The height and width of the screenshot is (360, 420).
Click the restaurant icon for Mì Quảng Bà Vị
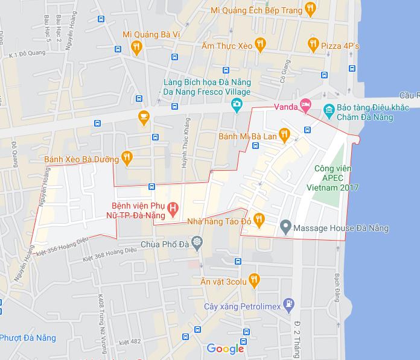137,47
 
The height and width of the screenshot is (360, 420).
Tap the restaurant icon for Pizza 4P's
313,43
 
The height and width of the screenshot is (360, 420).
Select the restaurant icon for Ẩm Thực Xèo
260,43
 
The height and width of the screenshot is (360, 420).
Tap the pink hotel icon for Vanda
306,107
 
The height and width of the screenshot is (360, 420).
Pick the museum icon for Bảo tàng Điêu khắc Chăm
328,109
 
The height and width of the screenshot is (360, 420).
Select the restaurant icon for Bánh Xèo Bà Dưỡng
126,158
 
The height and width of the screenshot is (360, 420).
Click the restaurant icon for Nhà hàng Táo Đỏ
259,220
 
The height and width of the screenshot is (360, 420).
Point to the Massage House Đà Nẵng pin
286,228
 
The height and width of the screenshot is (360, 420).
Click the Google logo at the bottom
225,348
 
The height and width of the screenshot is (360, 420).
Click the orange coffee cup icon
143,117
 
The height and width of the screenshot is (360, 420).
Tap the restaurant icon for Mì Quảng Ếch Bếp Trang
310,8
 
